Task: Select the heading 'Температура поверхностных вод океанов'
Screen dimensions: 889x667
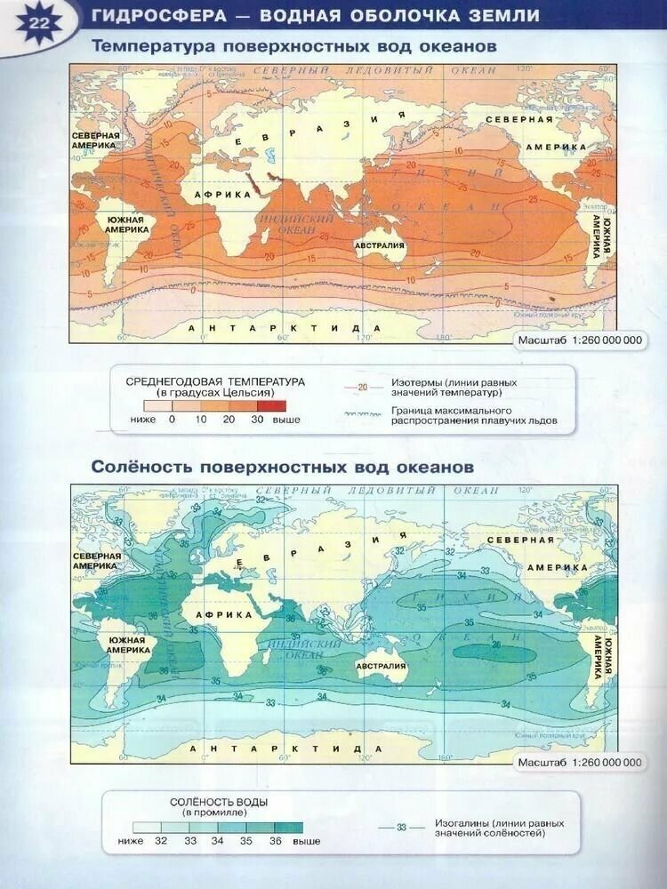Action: pos(295,45)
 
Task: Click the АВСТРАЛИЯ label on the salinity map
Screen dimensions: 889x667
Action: pos(380,666)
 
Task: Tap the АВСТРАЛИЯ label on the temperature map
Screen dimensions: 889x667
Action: pos(380,245)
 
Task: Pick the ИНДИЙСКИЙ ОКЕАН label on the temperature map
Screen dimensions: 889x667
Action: pos(295,224)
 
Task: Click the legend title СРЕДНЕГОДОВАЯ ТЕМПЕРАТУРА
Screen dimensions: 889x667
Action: pos(215,381)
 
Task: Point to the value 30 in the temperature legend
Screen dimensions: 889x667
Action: pos(258,419)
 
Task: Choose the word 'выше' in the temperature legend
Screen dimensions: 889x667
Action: pos(286,419)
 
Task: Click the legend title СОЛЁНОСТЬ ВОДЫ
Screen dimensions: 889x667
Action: pos(219,802)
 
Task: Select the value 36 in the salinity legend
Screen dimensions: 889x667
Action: pos(275,840)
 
